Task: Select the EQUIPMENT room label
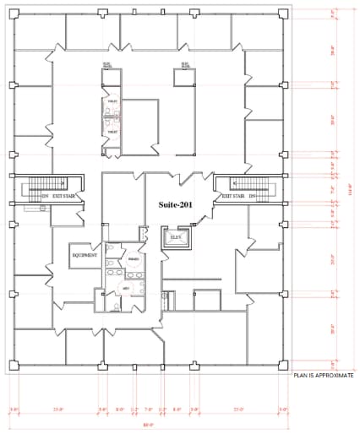[85, 255]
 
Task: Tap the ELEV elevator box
[176, 239]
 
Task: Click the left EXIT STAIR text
[65, 196]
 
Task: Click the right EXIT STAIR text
[234, 196]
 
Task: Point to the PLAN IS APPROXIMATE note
[325, 374]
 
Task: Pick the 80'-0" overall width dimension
[148, 426]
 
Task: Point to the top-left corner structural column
[14, 13]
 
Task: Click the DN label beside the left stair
[45, 196]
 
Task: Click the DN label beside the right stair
[253, 196]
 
